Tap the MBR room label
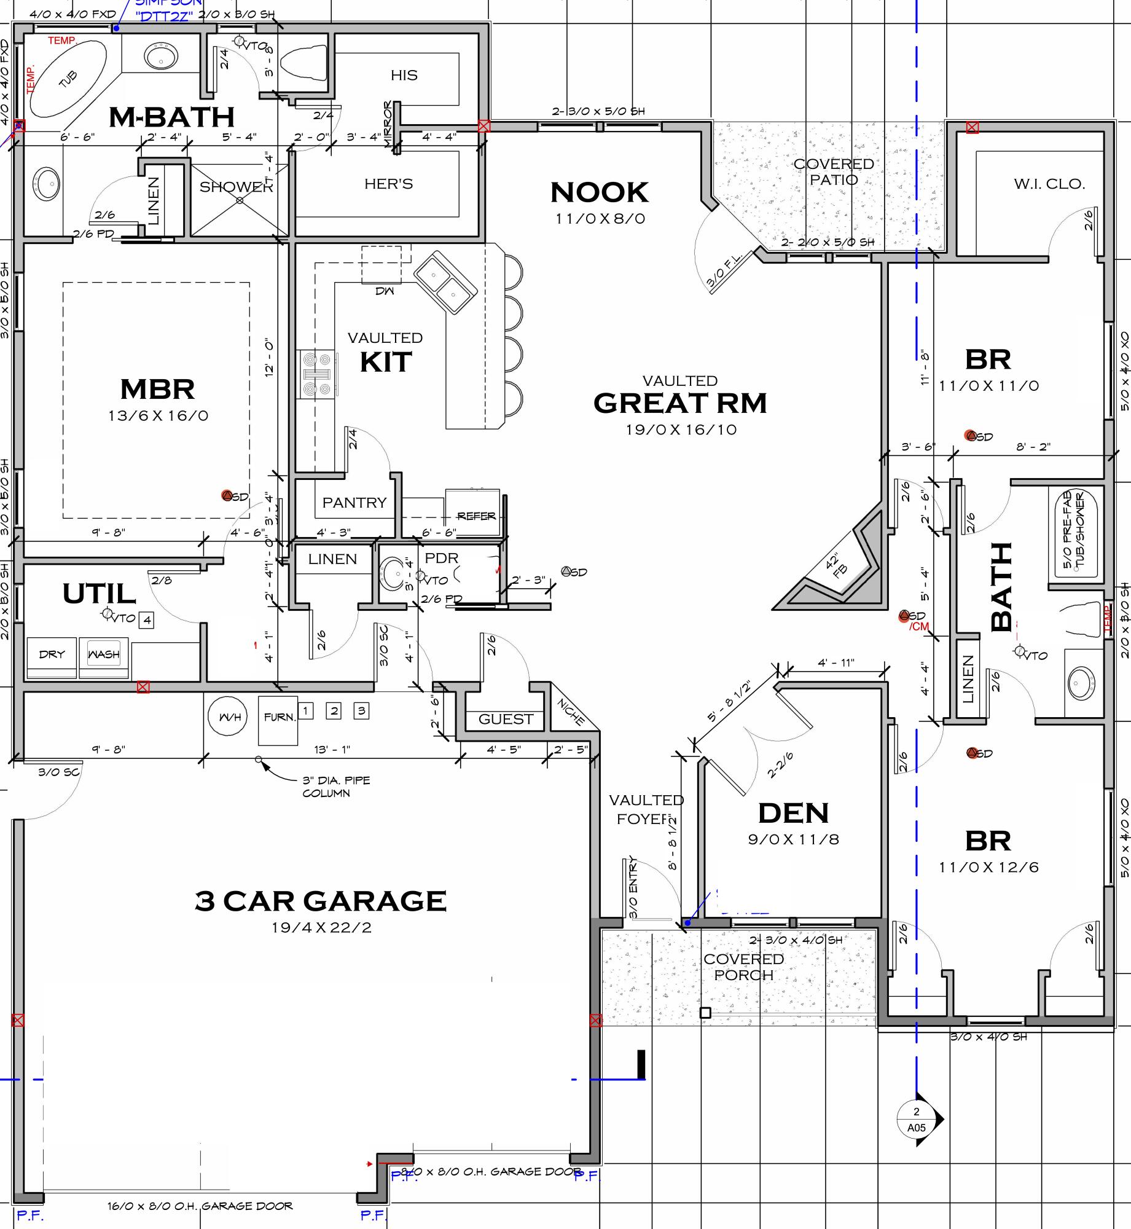158,389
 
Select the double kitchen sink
445,281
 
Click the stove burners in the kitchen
317,374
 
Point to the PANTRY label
354,503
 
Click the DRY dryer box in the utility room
52,654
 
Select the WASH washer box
104,654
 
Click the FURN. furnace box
278,718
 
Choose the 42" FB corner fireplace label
836,567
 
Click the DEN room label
793,814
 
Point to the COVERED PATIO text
833,172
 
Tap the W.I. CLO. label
1049,184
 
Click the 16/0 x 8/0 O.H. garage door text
200,1206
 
